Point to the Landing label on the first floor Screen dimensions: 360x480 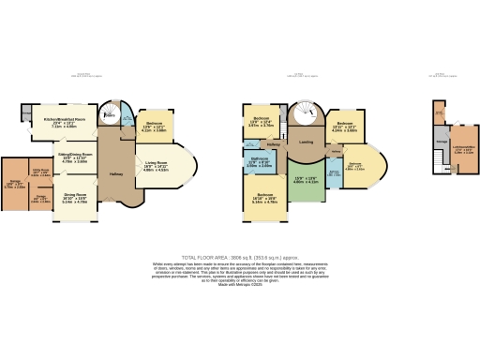pyautogui.click(x=306, y=142)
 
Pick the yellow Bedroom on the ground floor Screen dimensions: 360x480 pyautogui.click(x=156, y=127)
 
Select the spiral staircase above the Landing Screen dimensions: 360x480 pyautogui.click(x=306, y=115)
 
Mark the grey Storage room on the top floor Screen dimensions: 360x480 pyautogui.click(x=441, y=141)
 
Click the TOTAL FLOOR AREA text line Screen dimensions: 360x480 pyautogui.click(x=240, y=256)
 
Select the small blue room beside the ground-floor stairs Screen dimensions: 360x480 pyautogui.click(x=127, y=118)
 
